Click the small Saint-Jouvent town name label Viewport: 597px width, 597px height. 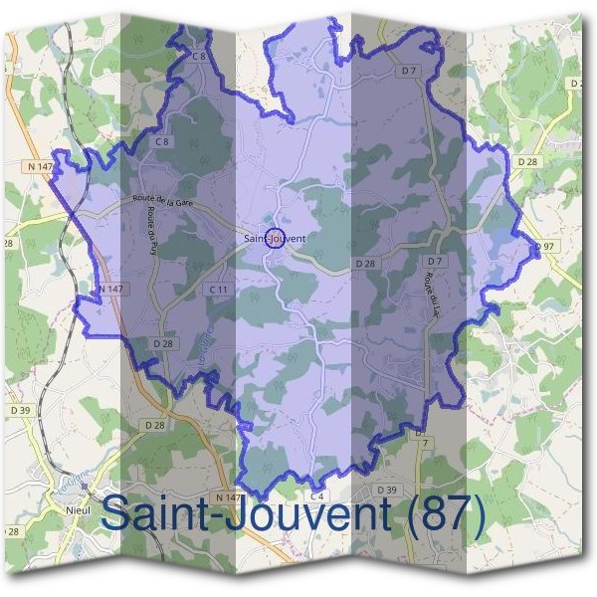click(274, 239)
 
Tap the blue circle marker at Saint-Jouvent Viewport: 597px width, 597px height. click(278, 237)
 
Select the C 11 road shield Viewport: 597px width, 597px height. click(219, 289)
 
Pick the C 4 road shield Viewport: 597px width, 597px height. click(317, 495)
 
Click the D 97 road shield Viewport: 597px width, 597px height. click(543, 246)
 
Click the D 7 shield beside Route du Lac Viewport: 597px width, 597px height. click(434, 261)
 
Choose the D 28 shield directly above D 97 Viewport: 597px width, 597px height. click(526, 160)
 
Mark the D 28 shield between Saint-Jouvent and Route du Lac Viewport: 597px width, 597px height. click(365, 264)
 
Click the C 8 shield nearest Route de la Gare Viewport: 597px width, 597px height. click(162, 142)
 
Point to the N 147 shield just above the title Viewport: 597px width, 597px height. click(228, 497)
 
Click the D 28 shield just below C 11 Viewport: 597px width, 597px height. click(164, 342)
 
